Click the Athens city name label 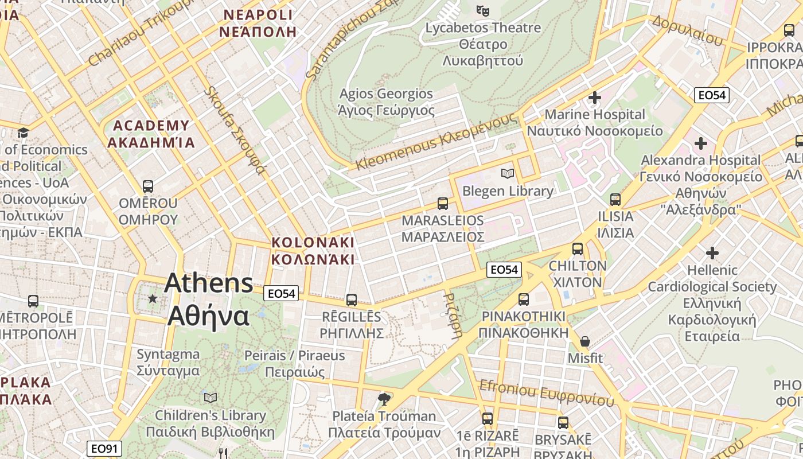209,299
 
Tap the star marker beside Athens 153,298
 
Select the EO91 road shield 103,449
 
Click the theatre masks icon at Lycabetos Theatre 483,10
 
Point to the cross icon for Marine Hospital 595,98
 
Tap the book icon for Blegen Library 507,173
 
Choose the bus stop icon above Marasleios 443,203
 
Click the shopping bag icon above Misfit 585,341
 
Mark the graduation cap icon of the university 23,133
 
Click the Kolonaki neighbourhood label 313,251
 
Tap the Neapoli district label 258,23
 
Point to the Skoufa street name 235,130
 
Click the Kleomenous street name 436,142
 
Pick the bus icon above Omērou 148,186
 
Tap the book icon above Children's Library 211,398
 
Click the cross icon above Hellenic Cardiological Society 712,252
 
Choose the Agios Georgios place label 387,102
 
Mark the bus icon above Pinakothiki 523,299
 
